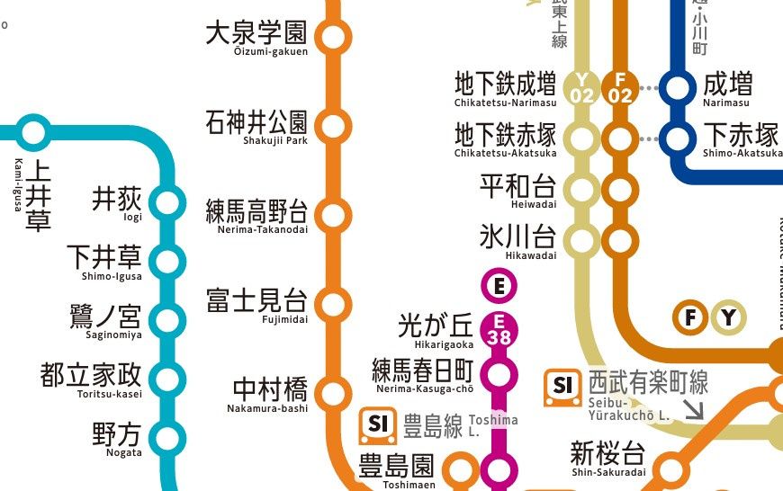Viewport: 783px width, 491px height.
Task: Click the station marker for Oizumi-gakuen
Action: point(333,38)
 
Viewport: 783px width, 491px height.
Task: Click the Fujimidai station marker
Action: point(333,303)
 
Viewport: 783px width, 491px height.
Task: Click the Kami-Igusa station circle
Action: point(33,133)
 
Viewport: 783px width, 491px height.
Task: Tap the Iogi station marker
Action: point(167,203)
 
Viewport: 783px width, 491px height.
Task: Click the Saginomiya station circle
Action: point(167,320)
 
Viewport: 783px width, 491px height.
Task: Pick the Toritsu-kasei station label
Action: point(91,380)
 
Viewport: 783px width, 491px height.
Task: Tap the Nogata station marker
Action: point(167,437)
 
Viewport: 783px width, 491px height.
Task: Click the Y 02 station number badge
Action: point(582,88)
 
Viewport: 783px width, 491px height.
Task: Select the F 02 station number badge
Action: point(620,88)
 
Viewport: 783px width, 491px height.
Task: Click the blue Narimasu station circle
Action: point(678,88)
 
